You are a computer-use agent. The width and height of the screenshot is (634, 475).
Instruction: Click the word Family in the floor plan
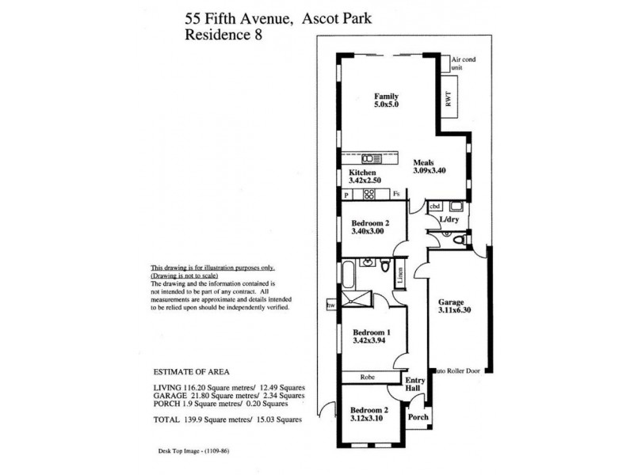(x=387, y=96)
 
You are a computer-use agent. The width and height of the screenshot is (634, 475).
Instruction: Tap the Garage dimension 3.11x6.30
(x=455, y=311)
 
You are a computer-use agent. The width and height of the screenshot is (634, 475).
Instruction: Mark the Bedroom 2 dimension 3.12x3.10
(x=369, y=419)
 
